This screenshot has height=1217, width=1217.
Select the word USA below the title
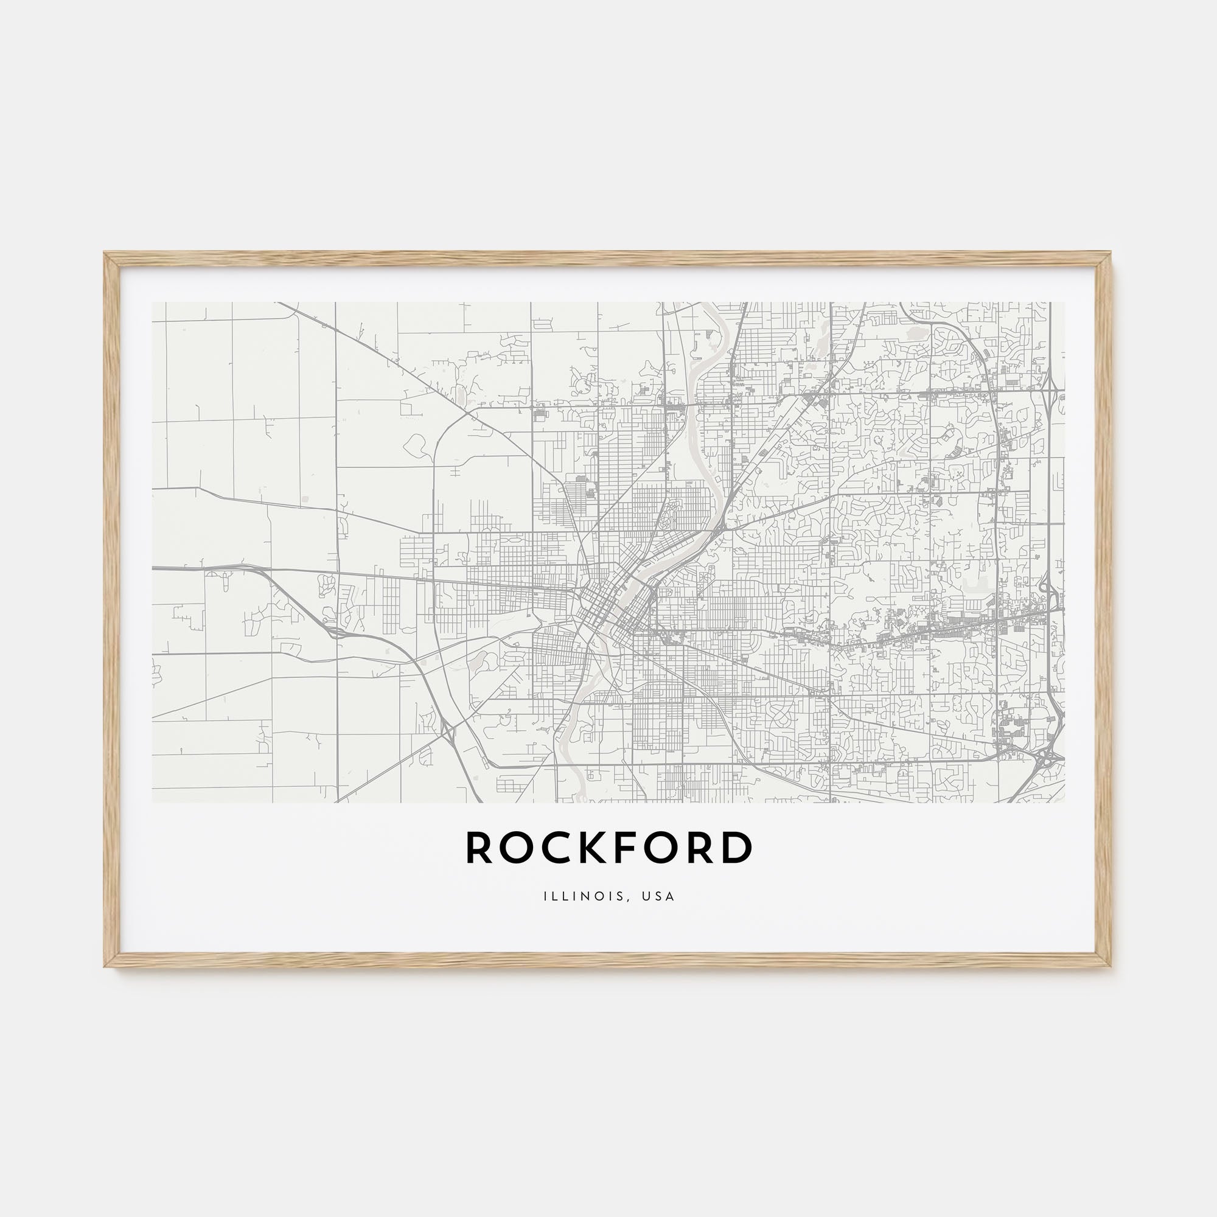pos(660,896)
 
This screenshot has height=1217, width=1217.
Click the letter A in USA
pos(670,896)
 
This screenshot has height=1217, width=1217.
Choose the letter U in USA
pos(647,896)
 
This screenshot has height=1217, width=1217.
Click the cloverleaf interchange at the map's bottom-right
pos(1048,758)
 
